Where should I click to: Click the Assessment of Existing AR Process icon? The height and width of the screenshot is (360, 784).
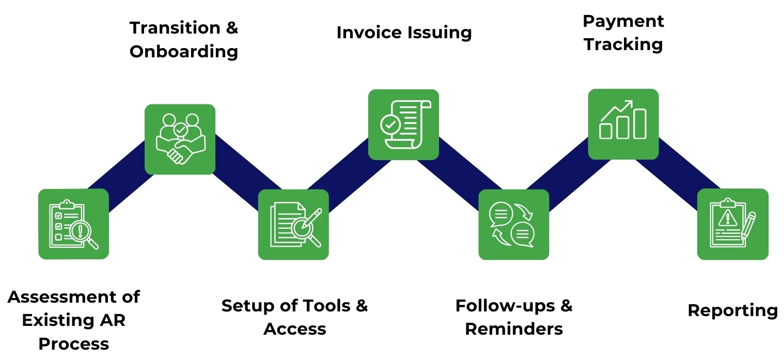pos(73,224)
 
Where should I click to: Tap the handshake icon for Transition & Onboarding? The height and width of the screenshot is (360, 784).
pos(180,139)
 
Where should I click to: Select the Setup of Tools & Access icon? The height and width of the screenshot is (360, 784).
pos(293,224)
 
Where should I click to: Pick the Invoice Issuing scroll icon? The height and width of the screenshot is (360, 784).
pos(403,124)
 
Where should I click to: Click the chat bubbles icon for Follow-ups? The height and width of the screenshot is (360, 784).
pos(513,224)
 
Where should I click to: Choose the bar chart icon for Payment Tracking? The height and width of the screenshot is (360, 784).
pos(623,124)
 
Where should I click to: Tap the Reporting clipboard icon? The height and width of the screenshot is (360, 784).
pos(732,224)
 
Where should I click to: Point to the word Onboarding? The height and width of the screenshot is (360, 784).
pos(183,52)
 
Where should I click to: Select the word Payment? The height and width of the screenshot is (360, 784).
pos(623,21)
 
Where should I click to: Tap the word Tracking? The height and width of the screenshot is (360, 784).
pos(623,44)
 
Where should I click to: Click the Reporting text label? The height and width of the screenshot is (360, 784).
pos(732,310)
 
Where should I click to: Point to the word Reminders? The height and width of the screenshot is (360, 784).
pos(514,329)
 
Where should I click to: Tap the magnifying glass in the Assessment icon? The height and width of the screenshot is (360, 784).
pos(83,233)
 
